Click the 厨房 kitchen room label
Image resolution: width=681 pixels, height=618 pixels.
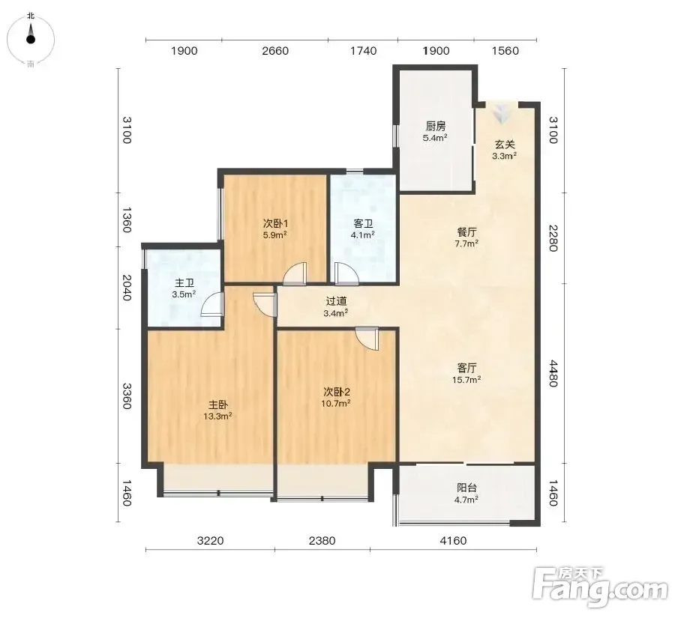[435, 126]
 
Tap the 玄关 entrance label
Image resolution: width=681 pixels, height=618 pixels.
[504, 145]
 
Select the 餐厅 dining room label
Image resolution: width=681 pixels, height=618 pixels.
[466, 232]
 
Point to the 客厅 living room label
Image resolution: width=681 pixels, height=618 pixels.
[466, 369]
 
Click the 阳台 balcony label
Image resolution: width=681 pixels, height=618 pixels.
[466, 488]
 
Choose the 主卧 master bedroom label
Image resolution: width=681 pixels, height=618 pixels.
[217, 405]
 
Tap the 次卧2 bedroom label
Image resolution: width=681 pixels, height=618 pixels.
[337, 392]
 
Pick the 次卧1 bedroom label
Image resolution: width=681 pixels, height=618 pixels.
[275, 224]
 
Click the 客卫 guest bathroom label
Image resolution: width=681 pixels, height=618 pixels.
[363, 224]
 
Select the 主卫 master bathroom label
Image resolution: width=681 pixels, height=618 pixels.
[184, 283]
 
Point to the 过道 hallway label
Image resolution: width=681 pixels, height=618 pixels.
[336, 301]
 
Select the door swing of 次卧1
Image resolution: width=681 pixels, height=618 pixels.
[295, 274]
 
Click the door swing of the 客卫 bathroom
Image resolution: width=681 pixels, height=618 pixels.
[346, 274]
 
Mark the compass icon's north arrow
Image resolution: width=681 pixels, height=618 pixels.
[31, 34]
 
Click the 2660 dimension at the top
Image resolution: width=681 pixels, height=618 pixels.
[275, 51]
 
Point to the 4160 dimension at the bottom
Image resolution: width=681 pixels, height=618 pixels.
[453, 541]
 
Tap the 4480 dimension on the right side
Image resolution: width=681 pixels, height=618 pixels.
[553, 373]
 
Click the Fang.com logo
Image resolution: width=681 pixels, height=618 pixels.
[600, 587]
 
